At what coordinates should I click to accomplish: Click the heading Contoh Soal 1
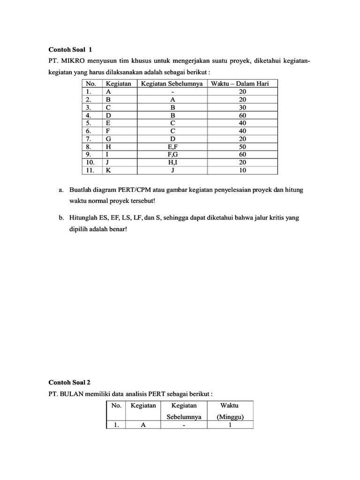(x=70, y=49)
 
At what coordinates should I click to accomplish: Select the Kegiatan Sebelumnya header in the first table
(x=172, y=84)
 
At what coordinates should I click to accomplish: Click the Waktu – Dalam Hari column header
(x=242, y=84)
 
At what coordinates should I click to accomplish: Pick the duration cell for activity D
(x=242, y=114)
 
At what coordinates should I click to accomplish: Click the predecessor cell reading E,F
(x=172, y=147)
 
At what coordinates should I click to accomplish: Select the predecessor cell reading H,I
(x=172, y=163)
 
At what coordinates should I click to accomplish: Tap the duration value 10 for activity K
(x=242, y=171)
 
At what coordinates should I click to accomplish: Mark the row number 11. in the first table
(x=90, y=171)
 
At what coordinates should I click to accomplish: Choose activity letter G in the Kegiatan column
(x=108, y=139)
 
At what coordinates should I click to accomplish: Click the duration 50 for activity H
(x=242, y=147)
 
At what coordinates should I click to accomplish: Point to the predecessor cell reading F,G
(x=172, y=155)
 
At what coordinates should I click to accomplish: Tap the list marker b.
(x=61, y=217)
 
